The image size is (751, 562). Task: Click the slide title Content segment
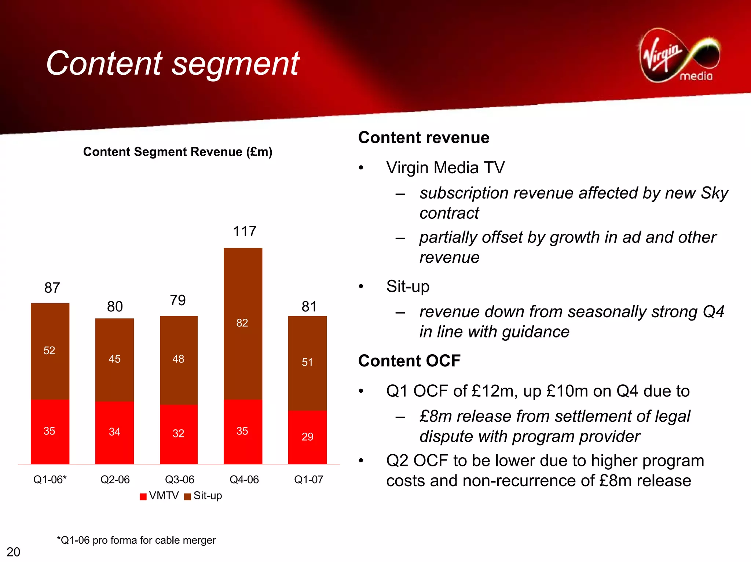[x=172, y=63]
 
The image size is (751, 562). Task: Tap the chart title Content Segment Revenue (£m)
[x=177, y=152]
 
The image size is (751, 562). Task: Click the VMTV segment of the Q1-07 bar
[x=307, y=437]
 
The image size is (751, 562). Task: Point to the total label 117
[x=245, y=232]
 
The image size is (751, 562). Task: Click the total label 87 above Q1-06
[x=52, y=288]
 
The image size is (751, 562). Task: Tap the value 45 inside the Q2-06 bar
[x=114, y=359]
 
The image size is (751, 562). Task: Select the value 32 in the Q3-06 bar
[x=178, y=433]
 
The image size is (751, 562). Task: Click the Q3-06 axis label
[x=179, y=480]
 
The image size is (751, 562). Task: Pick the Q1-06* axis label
[x=50, y=480]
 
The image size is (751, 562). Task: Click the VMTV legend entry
[x=160, y=496]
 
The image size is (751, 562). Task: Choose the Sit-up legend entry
[x=204, y=496]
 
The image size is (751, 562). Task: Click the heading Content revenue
[x=424, y=138]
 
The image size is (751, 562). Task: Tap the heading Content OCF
[x=409, y=361]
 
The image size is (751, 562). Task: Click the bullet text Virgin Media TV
[x=445, y=168]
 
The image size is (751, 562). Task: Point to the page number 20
[x=14, y=552]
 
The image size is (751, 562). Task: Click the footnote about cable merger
[x=136, y=540]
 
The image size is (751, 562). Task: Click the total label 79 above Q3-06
[x=178, y=300]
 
